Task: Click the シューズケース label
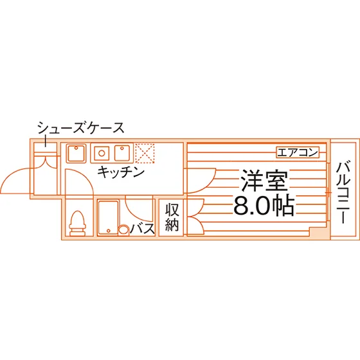tap(81, 128)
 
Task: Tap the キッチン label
tap(121, 172)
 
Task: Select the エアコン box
tap(298, 152)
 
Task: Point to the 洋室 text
tap(264, 181)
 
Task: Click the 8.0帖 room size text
tap(264, 205)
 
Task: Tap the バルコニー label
tap(343, 192)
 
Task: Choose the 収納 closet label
tap(172, 217)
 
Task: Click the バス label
tap(143, 229)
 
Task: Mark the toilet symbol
tap(78, 223)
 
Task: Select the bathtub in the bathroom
tap(108, 218)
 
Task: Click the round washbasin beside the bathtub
tap(123, 230)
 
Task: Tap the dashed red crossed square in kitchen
tap(145, 153)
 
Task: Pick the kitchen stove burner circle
tap(102, 153)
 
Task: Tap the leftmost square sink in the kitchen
tap(76, 153)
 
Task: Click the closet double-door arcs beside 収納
tap(200, 217)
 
